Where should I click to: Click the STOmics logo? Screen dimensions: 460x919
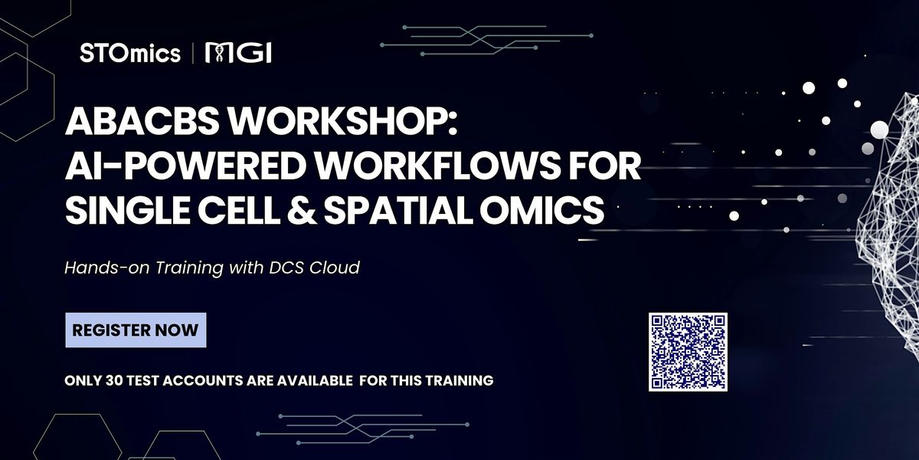[130, 54]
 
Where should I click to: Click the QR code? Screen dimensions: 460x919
[688, 353]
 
